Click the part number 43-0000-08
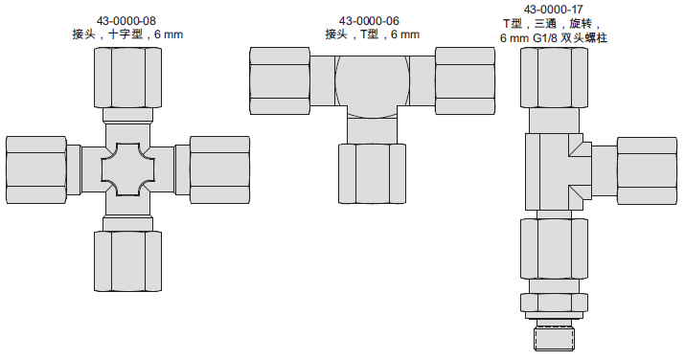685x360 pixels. point(126,21)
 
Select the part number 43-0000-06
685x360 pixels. point(369,21)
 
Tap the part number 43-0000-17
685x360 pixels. point(554,10)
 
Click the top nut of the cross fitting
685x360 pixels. point(128,78)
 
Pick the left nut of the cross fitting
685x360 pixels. point(36,169)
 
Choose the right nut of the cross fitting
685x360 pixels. point(219,169)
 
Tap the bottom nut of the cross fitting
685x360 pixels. point(128,261)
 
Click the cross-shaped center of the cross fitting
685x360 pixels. point(128,169)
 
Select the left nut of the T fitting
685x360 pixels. point(280,81)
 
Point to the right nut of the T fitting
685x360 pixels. point(466,81)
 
